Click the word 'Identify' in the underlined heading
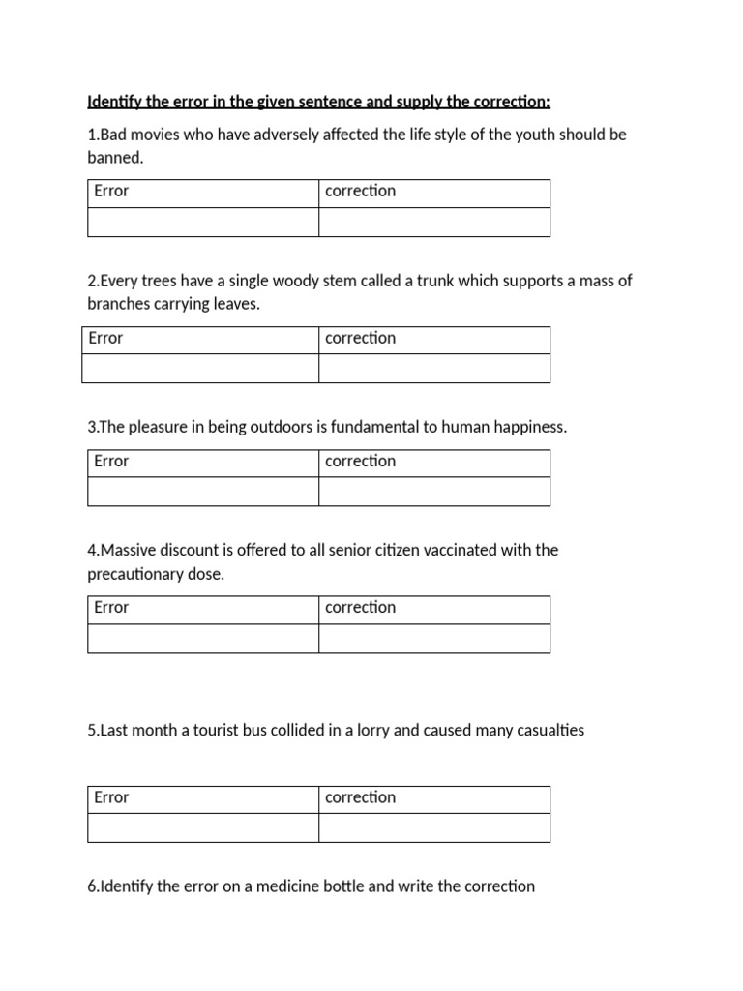[115, 102]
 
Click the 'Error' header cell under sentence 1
[203, 192]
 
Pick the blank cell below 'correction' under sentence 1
[434, 222]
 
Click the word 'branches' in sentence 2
[118, 304]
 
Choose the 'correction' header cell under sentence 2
[434, 339]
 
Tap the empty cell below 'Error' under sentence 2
[200, 369]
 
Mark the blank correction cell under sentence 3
[434, 492]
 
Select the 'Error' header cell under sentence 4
[203, 609]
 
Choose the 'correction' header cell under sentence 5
[434, 798]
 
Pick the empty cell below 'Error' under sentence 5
[203, 828]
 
